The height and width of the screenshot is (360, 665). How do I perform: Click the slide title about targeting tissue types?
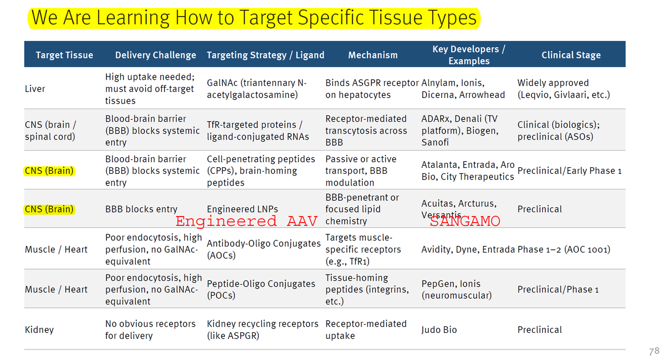coord(253,18)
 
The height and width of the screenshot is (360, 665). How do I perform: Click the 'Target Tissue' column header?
coord(64,55)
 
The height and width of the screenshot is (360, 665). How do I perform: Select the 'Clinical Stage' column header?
coord(571,55)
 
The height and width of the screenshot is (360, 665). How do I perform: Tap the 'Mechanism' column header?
coord(372,55)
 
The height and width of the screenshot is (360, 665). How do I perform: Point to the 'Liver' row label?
coord(35,89)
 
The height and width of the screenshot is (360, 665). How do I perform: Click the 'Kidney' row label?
coord(39,330)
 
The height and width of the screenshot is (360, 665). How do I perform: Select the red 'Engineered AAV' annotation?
coord(246,222)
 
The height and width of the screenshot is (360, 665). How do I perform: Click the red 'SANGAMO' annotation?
coord(465,222)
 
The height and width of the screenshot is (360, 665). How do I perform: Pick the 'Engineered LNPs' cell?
coord(242,209)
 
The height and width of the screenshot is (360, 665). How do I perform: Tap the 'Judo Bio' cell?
coord(439,330)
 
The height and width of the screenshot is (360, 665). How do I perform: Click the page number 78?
coord(653,351)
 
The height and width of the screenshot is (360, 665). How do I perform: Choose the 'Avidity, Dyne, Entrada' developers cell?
coord(468,249)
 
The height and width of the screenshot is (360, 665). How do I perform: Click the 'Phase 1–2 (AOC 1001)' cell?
coord(564,249)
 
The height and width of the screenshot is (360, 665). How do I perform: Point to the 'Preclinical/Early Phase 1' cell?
coord(569,171)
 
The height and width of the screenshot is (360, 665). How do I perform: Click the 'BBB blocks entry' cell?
coord(141,209)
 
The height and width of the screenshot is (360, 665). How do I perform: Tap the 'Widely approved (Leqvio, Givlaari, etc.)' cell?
coord(563,89)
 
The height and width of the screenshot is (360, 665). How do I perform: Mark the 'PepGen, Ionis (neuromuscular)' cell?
coord(456,290)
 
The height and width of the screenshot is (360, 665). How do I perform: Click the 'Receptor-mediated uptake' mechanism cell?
coord(366,330)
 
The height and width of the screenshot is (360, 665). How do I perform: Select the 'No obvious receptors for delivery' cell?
coord(150,330)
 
